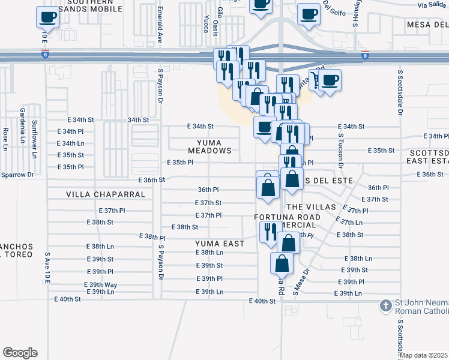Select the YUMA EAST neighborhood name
(x=220, y=244)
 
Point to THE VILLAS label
(x=309, y=207)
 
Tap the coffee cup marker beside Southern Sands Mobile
(x=47, y=17)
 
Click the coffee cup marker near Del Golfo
(x=309, y=14)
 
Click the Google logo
(x=20, y=353)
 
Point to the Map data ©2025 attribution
(x=424, y=355)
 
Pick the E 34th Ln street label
(x=70, y=143)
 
